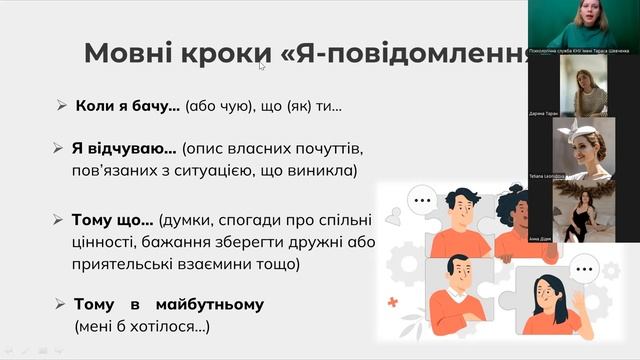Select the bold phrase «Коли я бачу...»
[127, 105]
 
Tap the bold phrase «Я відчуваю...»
[124, 148]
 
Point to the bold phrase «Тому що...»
[112, 220]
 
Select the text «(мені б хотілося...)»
[142, 326]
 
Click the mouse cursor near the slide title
[263, 66]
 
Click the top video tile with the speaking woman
[583, 24]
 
